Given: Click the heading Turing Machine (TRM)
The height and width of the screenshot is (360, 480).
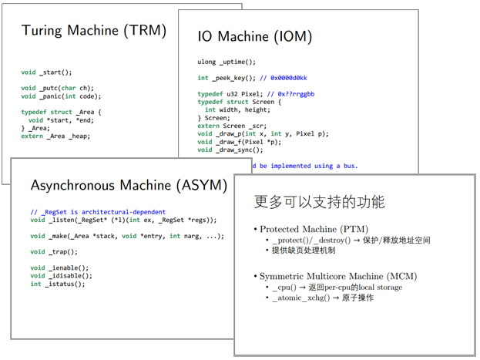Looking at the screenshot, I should pos(93,31).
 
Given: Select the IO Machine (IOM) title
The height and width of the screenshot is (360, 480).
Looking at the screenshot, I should pos(255,35).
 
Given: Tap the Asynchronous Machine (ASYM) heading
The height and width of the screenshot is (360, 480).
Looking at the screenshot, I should pos(129,185).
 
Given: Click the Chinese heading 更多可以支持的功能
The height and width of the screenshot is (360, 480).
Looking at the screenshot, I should pos(319,202).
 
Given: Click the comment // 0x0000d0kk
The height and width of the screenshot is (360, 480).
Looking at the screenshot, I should pos(280,78).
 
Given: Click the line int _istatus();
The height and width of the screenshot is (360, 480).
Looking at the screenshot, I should pos(58,284).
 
